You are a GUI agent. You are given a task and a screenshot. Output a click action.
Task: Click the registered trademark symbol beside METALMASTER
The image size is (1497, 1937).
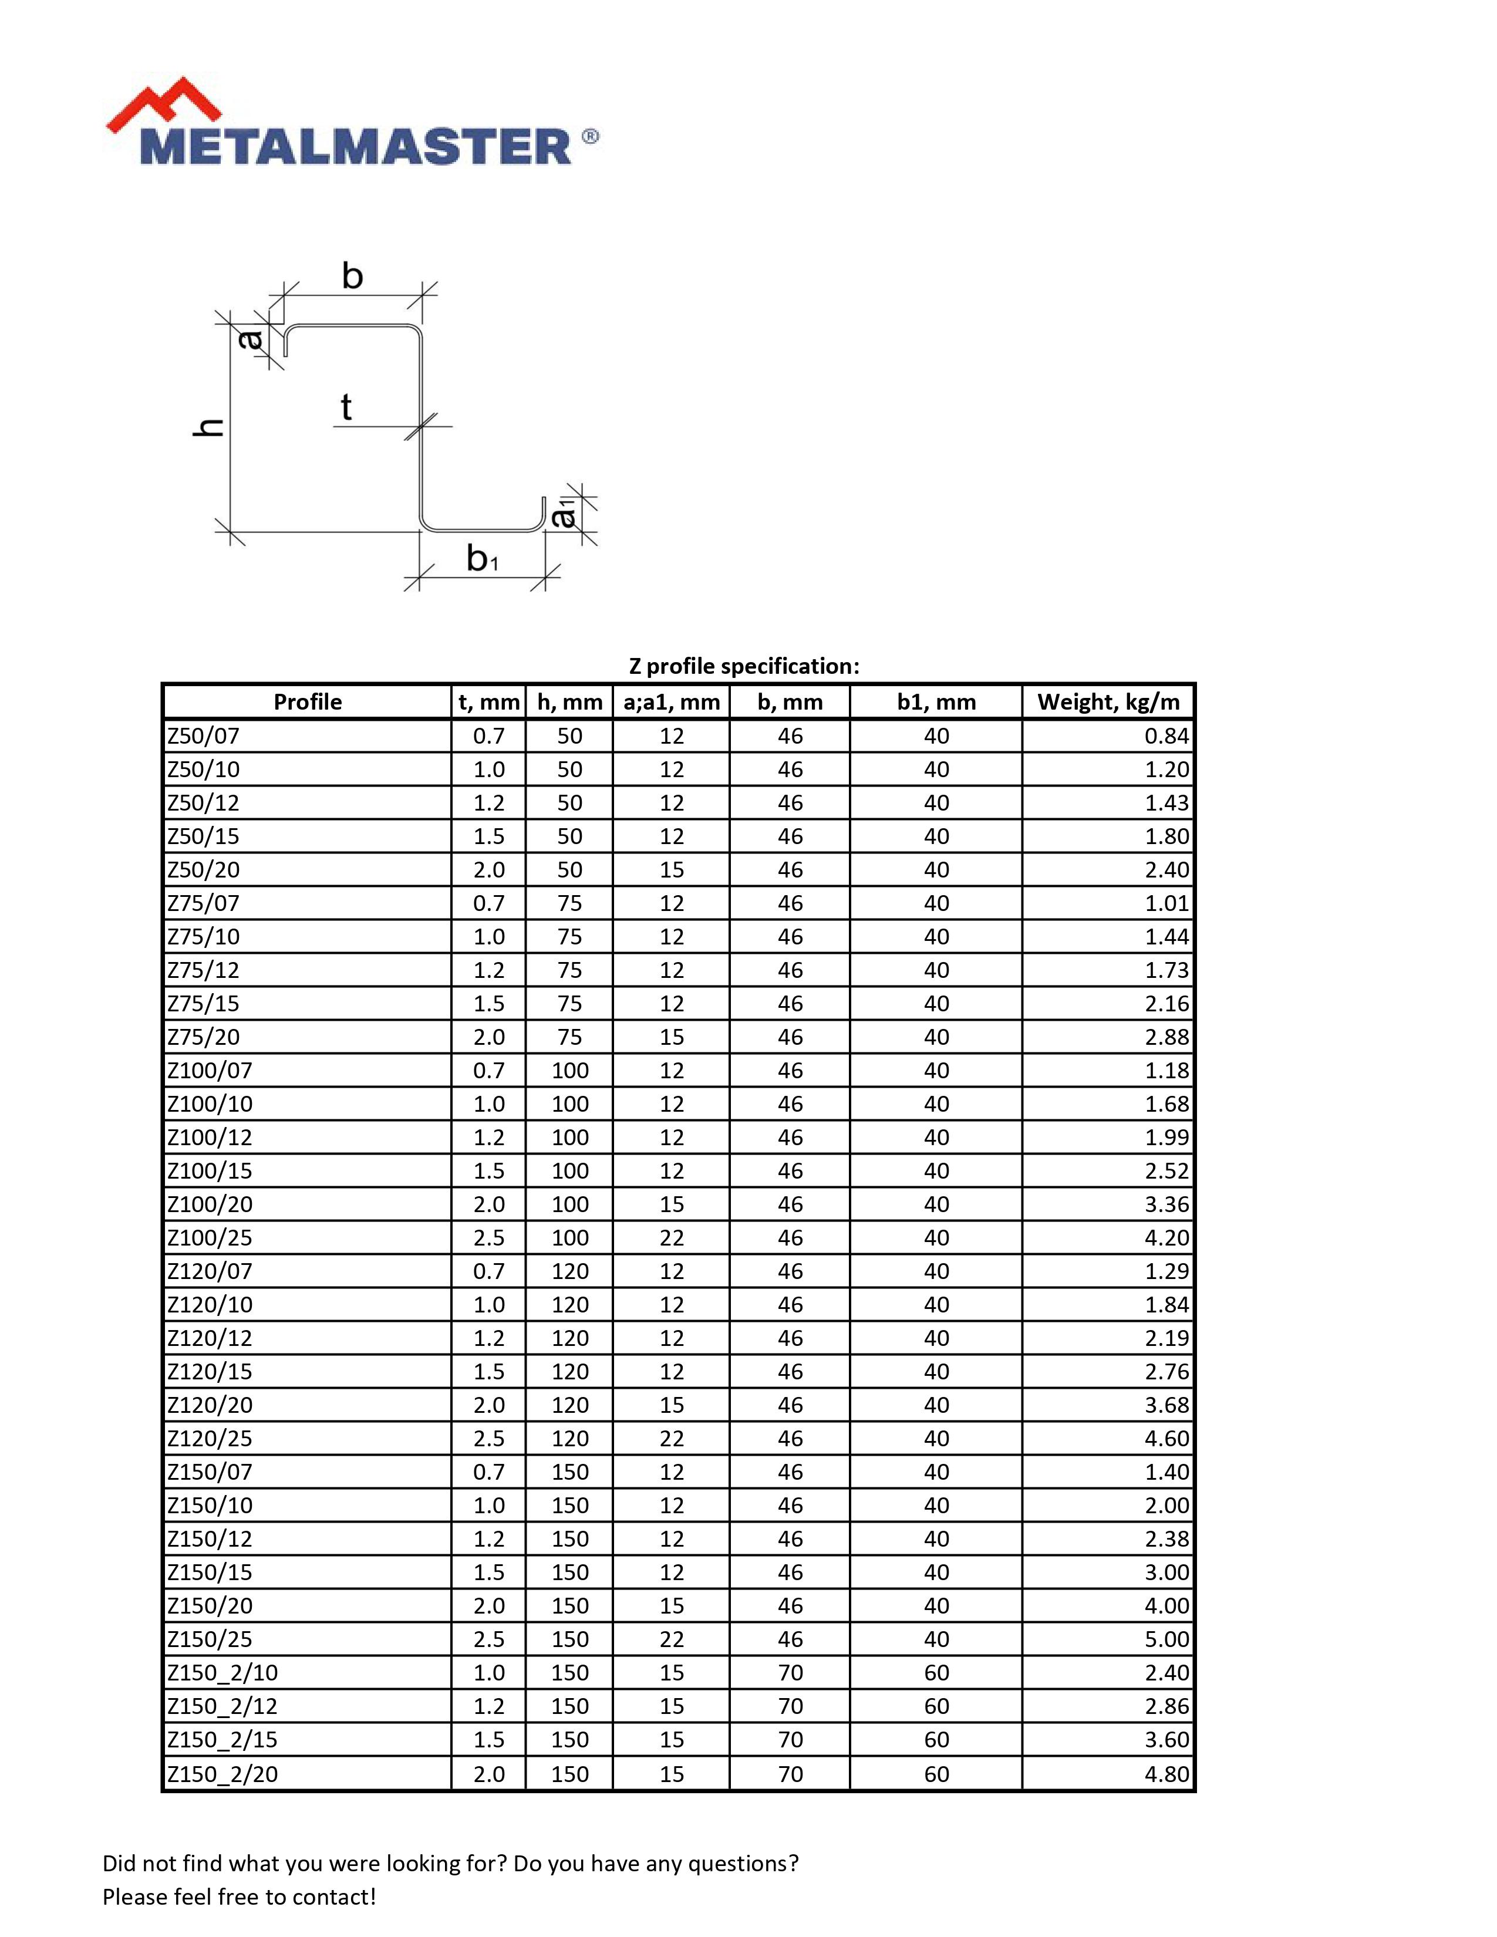590,137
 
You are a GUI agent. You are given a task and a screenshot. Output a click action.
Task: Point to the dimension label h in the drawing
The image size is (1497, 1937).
208,427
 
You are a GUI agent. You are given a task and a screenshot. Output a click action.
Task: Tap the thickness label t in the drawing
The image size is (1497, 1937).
346,408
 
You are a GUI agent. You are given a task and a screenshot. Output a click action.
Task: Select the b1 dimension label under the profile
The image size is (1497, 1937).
481,559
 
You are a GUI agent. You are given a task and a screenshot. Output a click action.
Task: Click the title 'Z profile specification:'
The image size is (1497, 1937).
743,666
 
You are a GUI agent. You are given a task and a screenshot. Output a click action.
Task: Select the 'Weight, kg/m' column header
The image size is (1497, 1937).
1108,703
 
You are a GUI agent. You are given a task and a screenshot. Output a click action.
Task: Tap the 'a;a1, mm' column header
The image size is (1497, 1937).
672,703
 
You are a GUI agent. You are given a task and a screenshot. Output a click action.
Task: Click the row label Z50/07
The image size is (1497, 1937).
204,736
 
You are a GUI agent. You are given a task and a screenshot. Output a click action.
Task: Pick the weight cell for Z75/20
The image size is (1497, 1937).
1166,1037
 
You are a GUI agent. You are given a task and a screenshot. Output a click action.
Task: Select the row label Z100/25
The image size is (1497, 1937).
210,1238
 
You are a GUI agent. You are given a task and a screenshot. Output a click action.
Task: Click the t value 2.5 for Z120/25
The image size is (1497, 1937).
488,1439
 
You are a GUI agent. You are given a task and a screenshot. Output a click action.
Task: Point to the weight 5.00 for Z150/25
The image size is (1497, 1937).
1166,1639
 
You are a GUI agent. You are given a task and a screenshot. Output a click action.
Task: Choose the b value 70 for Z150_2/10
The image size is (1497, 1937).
790,1673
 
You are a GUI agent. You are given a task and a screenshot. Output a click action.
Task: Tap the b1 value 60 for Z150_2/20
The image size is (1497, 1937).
936,1774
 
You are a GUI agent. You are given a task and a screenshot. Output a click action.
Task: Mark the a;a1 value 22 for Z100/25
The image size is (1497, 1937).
672,1238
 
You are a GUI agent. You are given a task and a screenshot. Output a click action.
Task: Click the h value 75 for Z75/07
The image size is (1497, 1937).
569,903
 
